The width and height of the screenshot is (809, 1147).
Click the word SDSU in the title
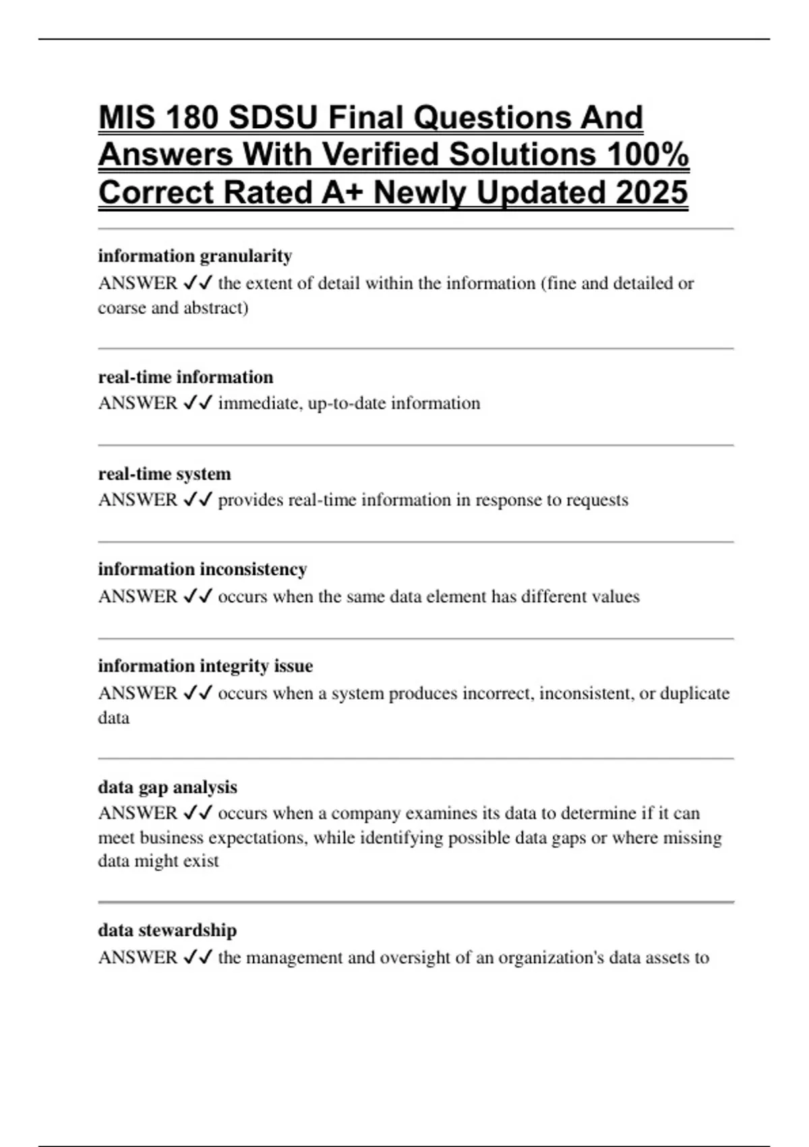click(x=272, y=118)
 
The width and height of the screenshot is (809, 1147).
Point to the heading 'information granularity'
click(x=195, y=256)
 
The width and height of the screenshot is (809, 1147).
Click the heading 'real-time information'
click(x=185, y=377)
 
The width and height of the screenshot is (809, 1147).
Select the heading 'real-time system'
click(x=164, y=474)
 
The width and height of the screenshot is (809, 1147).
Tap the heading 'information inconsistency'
click(x=202, y=569)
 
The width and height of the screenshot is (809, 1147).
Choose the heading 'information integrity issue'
click(x=205, y=666)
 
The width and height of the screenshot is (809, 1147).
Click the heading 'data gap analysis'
click(x=167, y=787)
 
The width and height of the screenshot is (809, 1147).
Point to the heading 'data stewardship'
click(x=167, y=930)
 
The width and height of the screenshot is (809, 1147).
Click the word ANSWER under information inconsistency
click(x=138, y=597)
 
